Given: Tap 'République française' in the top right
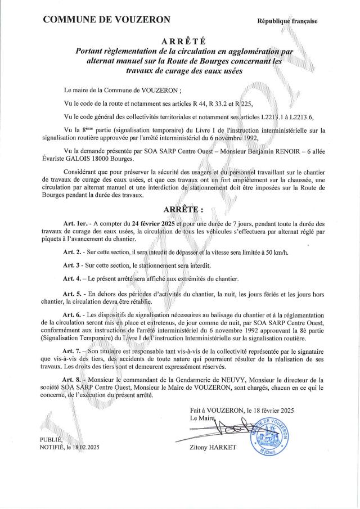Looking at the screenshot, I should (x=287, y=21).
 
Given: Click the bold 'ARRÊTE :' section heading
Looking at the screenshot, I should (x=183, y=209).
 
